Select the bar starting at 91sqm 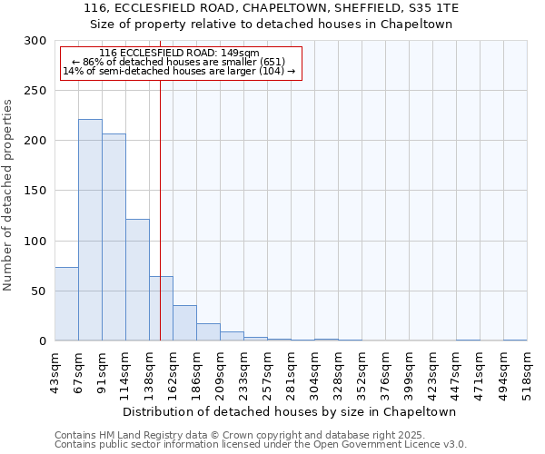(x=114, y=237)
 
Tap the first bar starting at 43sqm (x=66, y=304)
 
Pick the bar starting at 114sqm (x=137, y=280)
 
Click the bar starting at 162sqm (x=184, y=323)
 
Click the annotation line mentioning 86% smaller (x=179, y=62)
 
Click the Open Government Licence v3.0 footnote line (x=261, y=444)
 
